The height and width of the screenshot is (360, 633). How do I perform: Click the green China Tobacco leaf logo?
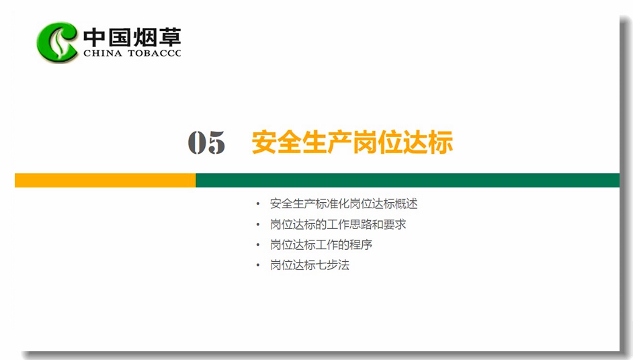[57, 42]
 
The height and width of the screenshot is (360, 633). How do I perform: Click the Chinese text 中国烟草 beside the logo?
[132, 37]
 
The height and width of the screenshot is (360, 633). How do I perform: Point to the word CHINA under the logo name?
[103, 53]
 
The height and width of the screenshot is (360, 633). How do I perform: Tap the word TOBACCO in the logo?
[155, 53]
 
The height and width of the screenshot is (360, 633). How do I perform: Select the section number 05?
[206, 142]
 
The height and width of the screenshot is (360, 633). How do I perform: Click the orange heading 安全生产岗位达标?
[352, 142]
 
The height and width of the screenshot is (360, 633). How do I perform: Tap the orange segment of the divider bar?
[105, 181]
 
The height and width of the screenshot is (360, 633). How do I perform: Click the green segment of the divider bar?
[408, 181]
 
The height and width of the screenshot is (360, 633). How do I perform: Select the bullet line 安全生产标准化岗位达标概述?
[343, 204]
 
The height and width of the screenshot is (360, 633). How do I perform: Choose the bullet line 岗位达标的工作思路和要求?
[338, 224]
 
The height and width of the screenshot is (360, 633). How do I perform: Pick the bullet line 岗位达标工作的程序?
[321, 244]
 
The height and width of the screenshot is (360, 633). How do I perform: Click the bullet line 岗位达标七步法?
[310, 265]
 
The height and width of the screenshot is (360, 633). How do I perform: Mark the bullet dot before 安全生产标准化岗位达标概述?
[258, 204]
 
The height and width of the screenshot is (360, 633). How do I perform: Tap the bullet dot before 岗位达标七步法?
[258, 265]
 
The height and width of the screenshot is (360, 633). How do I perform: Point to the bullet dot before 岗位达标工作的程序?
[258, 245]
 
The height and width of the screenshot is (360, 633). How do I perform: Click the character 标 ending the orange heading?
[440, 142]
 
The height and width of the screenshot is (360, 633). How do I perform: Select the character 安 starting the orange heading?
[264, 142]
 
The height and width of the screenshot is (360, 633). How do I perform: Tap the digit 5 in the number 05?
[216, 142]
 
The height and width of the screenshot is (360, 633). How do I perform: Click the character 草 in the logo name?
[169, 37]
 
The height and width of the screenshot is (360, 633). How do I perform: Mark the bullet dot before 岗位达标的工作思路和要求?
[258, 225]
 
